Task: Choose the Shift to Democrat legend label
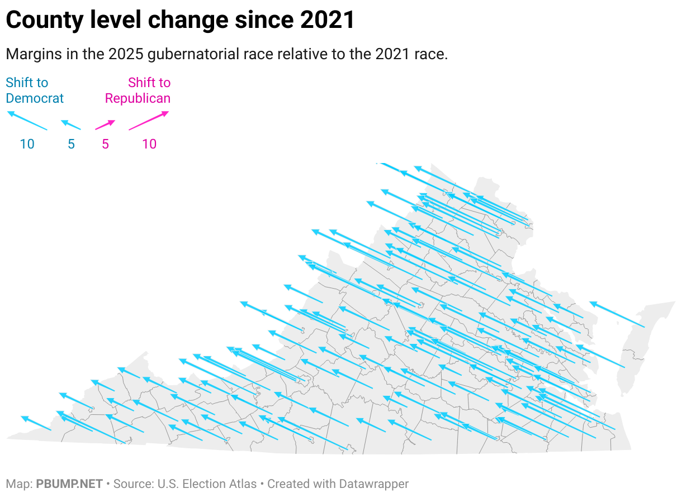tap(35, 90)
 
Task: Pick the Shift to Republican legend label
tap(138, 90)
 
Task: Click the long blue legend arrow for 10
tap(27, 121)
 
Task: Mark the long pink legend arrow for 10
tap(149, 121)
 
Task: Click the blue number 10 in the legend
tap(27, 144)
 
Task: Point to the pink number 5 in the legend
tap(105, 144)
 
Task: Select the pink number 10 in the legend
tap(149, 144)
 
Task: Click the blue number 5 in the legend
tap(71, 144)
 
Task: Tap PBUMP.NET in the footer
tap(69, 484)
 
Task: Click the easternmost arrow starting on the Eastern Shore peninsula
tap(617, 314)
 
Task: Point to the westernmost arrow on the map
tap(36, 423)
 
